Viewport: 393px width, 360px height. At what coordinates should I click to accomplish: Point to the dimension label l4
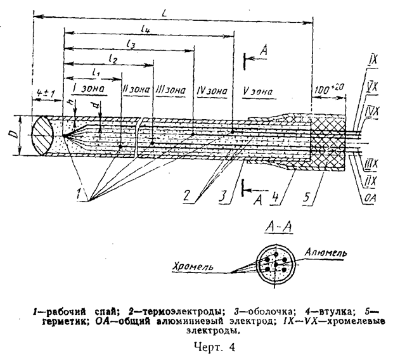[146, 30]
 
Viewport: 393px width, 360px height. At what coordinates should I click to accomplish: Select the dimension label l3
[131, 44]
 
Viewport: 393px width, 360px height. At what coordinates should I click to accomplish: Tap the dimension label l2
[113, 59]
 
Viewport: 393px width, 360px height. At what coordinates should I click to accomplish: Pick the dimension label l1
[96, 72]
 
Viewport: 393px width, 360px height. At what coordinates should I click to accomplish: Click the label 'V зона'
[257, 91]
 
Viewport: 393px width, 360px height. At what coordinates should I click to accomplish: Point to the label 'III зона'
[169, 91]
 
